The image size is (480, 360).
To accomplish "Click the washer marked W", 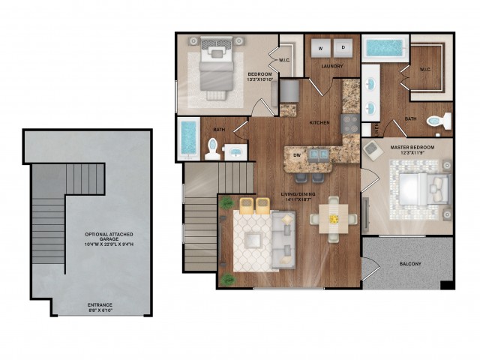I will click(320, 47).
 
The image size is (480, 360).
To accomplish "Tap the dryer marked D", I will click(343, 47).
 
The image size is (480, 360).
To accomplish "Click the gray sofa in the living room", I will click(283, 238).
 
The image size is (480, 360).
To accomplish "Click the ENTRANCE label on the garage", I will click(99, 304).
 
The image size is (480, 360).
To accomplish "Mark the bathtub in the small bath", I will click(188, 139).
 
